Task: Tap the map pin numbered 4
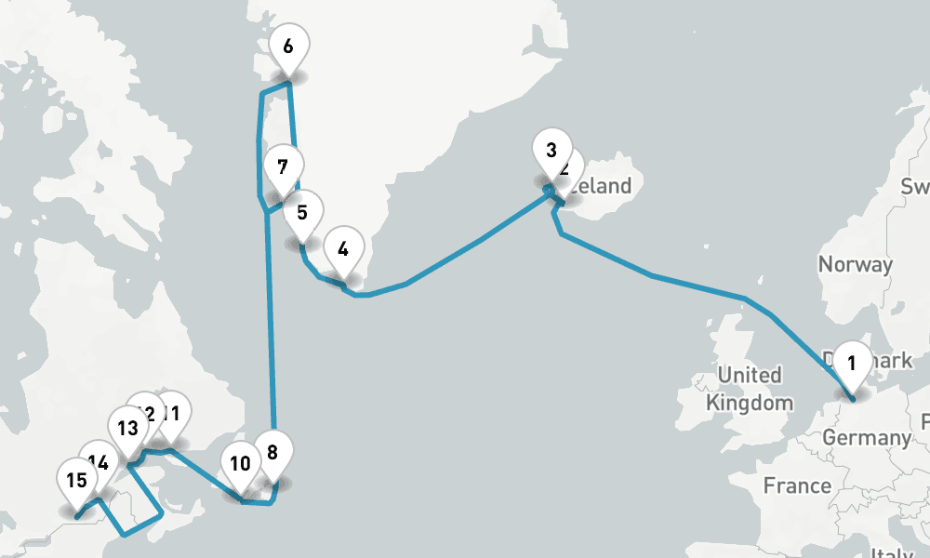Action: [x=343, y=250]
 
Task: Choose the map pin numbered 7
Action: [x=282, y=168]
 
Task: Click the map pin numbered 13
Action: [x=127, y=429]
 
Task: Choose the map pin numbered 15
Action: [x=76, y=481]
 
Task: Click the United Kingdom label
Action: [x=750, y=389]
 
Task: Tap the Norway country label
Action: [x=855, y=264]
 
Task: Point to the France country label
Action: [x=797, y=485]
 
